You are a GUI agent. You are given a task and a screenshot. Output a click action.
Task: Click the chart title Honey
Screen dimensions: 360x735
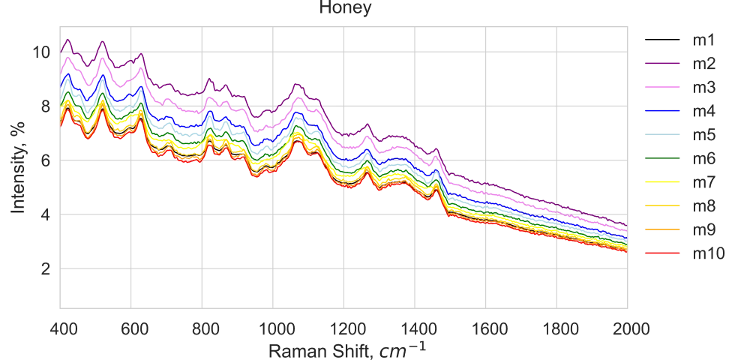pyautogui.click(x=345, y=8)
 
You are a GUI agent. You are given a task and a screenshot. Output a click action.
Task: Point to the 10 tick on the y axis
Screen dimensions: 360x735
pyautogui.click(x=40, y=52)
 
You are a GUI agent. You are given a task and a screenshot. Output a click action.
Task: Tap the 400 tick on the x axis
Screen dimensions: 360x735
pyautogui.click(x=60, y=328)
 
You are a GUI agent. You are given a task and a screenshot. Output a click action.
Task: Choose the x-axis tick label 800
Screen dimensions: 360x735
pyautogui.click(x=202, y=328)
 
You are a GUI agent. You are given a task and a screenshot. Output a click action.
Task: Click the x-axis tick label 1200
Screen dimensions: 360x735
pyautogui.click(x=343, y=328)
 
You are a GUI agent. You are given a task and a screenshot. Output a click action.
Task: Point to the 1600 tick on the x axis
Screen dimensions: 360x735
pyautogui.click(x=485, y=328)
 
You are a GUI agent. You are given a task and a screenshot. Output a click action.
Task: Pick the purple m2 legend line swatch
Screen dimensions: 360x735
pyautogui.click(x=662, y=63)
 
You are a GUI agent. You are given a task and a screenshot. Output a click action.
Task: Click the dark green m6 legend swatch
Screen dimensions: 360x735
pyautogui.click(x=662, y=158)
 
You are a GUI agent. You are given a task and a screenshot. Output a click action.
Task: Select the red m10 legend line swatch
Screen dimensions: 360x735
pyautogui.click(x=662, y=253)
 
